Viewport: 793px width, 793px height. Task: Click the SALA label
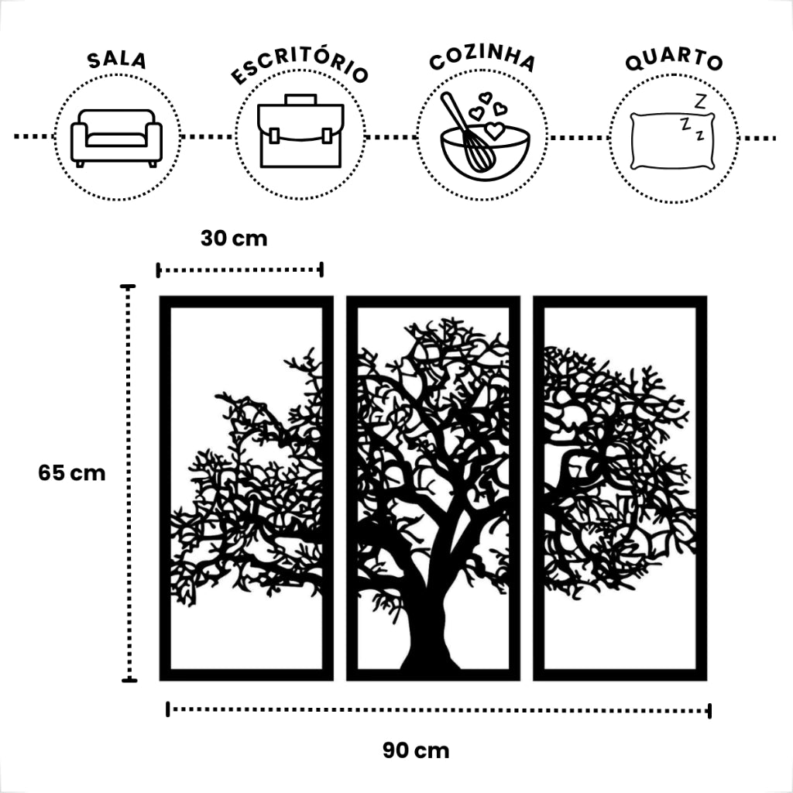[x=116, y=61]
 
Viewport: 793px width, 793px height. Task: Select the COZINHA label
[x=482, y=60]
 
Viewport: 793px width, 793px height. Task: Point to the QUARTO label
[x=674, y=61]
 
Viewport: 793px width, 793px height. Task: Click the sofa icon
[x=116, y=138]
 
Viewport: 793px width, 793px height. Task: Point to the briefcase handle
[x=300, y=100]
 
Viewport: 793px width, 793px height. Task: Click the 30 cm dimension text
[x=233, y=239]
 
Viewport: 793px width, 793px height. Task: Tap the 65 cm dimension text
[x=71, y=472]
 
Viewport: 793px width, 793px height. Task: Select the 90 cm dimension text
[x=415, y=750]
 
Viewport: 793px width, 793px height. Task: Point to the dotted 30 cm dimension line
[x=239, y=269]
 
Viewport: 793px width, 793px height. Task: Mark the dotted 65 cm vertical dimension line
[x=129, y=484]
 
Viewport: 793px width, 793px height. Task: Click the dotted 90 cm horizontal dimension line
[x=438, y=709]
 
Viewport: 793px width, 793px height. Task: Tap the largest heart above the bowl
[x=493, y=131]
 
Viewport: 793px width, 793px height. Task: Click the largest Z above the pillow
[x=700, y=101]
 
